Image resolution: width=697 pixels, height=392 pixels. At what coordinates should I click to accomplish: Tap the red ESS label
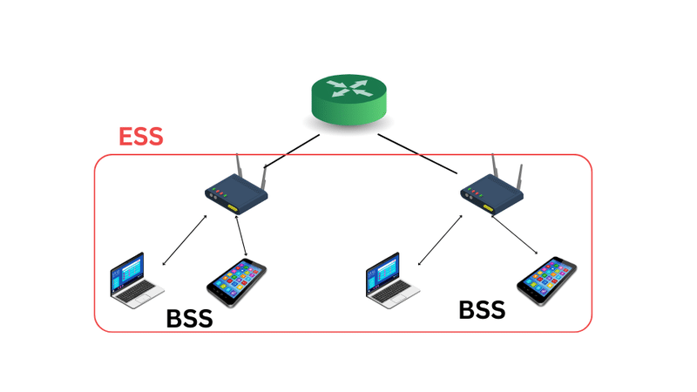[140, 136]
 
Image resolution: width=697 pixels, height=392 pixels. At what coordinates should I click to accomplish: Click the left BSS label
[189, 319]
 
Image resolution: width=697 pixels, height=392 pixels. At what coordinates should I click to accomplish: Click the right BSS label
[482, 309]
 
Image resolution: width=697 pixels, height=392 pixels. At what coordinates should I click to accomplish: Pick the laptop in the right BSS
[383, 281]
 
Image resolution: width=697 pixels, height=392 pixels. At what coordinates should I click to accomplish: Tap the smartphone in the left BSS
[236, 283]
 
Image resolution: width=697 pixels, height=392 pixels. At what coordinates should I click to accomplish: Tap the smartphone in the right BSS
[546, 278]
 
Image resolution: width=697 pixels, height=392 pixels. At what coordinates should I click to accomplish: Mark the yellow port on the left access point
[232, 207]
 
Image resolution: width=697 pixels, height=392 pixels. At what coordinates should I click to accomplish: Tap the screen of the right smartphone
[547, 276]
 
